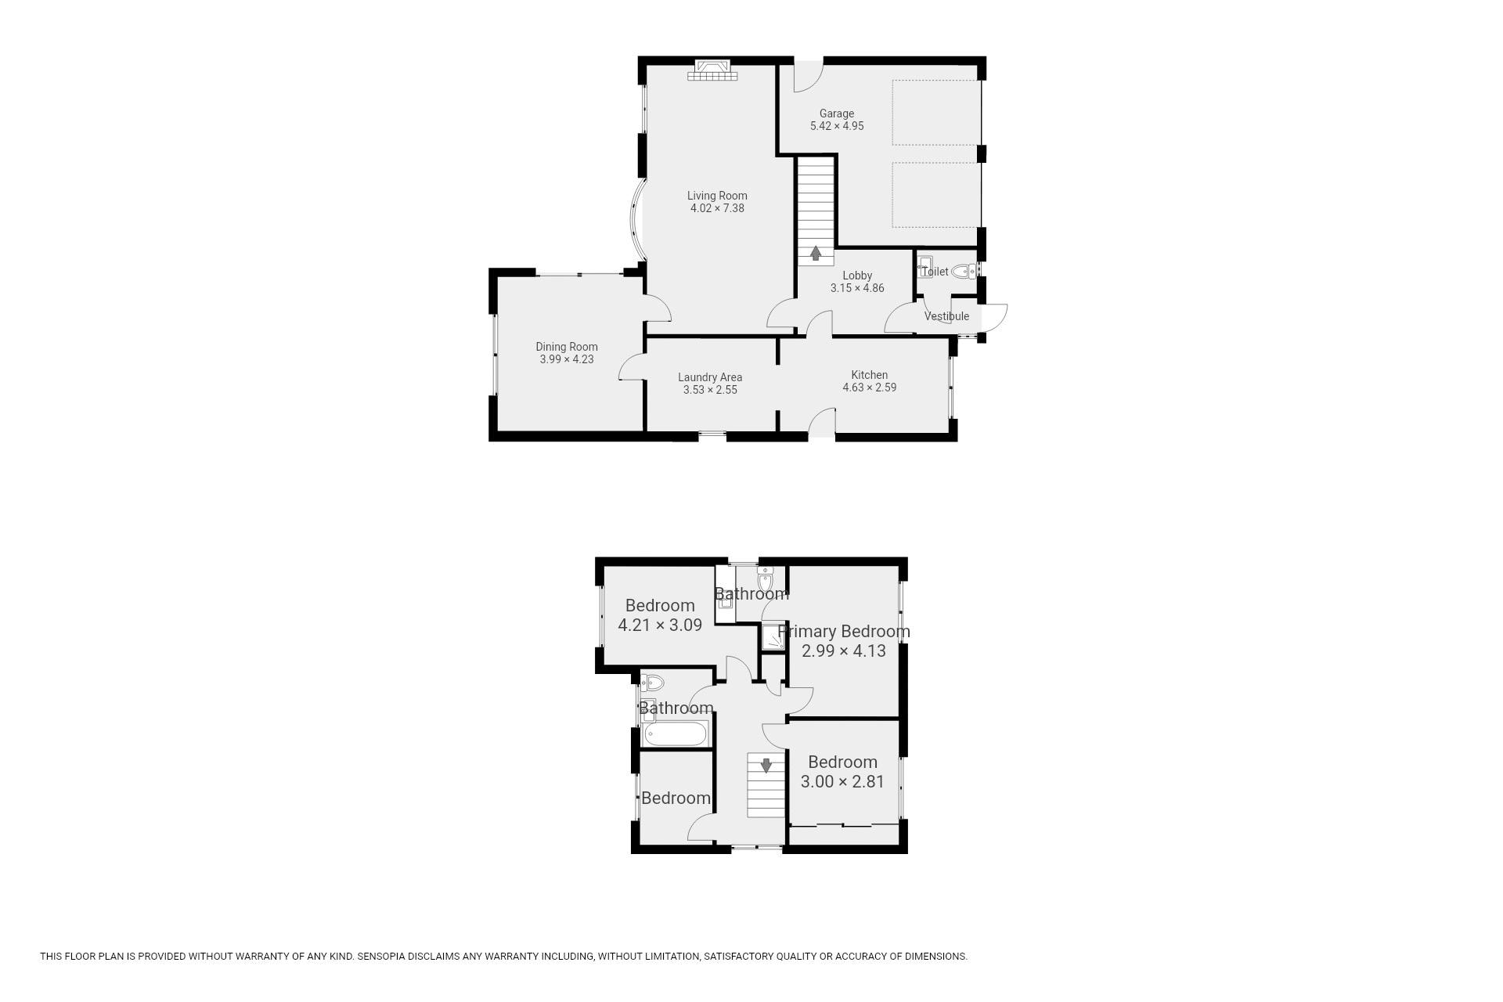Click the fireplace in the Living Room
(712, 70)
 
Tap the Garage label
(837, 114)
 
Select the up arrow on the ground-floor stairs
(816, 253)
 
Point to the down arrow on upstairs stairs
(766, 765)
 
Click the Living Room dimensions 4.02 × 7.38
(717, 208)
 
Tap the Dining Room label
(567, 347)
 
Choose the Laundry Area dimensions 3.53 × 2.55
(710, 390)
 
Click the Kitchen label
(870, 375)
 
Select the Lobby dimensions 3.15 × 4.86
(857, 288)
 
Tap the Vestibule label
(946, 316)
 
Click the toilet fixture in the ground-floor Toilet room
(964, 272)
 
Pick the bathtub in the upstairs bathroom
(676, 733)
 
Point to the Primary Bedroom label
(844, 631)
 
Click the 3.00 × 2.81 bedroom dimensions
(842, 781)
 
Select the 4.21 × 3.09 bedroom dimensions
(660, 625)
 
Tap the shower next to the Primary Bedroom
(773, 637)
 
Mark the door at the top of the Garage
(808, 76)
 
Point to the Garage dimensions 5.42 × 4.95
(837, 126)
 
